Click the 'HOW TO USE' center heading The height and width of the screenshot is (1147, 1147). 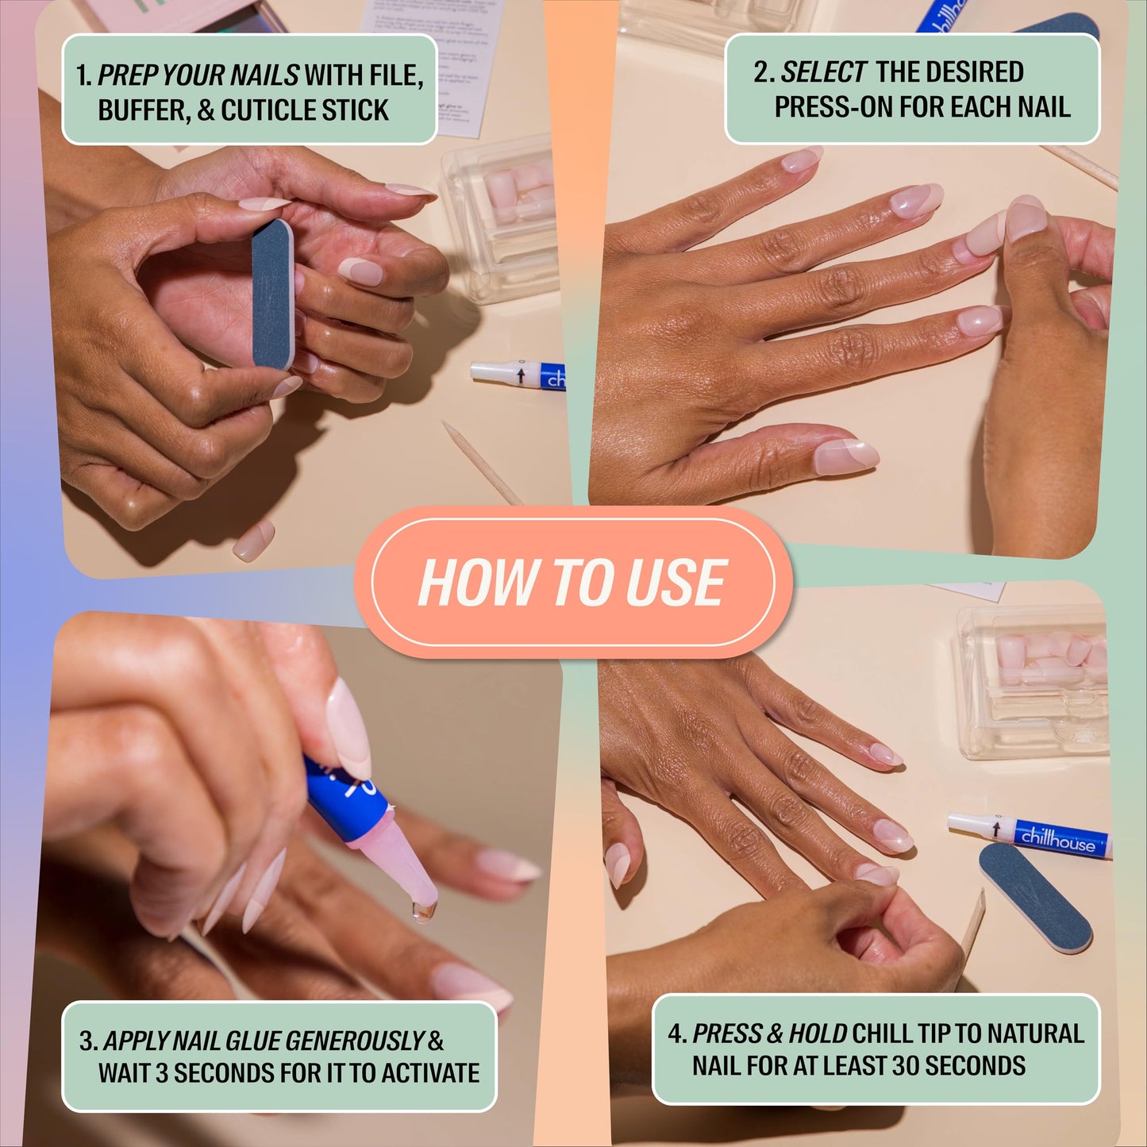(x=572, y=582)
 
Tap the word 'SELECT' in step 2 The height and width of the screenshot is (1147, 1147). (x=823, y=72)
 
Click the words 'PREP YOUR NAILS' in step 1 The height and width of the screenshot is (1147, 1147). (x=198, y=75)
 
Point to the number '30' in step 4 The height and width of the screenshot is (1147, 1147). (x=906, y=1065)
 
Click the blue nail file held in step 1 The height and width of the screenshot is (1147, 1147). (x=272, y=294)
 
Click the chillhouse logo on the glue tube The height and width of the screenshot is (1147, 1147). (x=1057, y=838)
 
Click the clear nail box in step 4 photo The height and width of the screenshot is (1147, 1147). (x=1032, y=683)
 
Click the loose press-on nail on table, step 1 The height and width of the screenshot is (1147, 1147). (x=253, y=541)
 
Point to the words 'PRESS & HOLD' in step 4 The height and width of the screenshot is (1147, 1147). (x=769, y=1033)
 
